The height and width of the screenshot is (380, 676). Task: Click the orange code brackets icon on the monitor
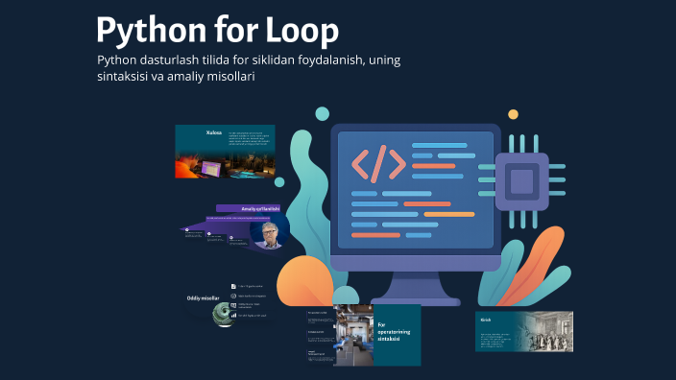[x=378, y=164]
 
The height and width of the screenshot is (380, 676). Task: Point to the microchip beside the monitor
[x=521, y=179]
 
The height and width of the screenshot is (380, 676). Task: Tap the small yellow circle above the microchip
[x=514, y=114]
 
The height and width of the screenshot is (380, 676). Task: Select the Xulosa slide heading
[x=214, y=132]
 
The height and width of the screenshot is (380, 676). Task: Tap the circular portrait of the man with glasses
[x=270, y=235]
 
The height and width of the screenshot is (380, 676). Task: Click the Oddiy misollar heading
[x=205, y=298]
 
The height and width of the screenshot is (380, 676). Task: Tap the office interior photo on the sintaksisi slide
[x=352, y=335]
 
